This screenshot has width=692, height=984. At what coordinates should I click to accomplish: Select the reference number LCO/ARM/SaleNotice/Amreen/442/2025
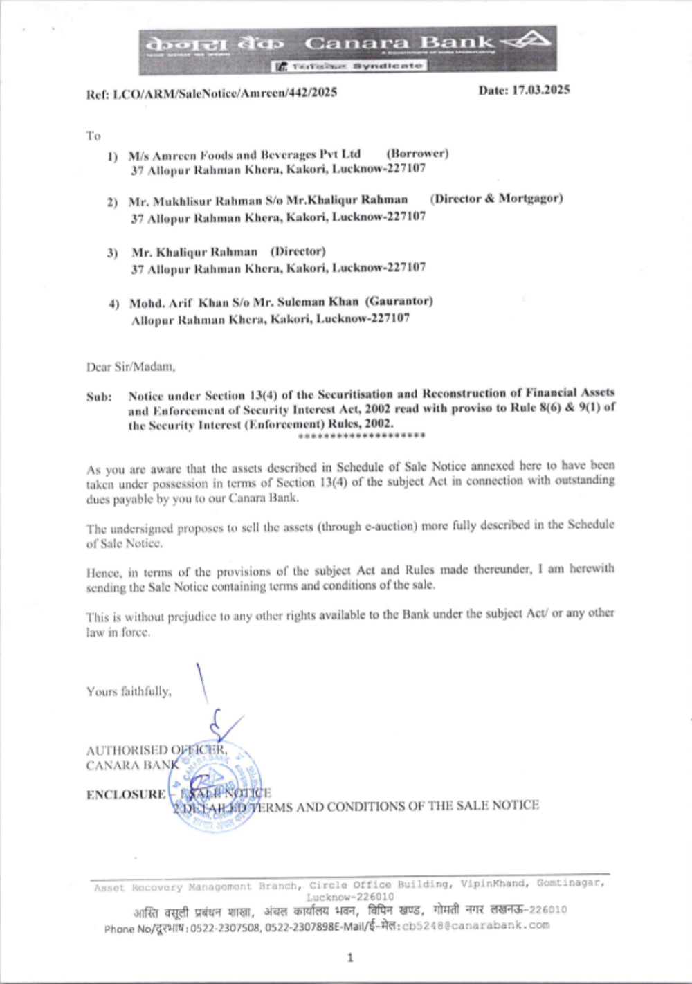click(225, 93)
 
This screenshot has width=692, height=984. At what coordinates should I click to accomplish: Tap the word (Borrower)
click(417, 154)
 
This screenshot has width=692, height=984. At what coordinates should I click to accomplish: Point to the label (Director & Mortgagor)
click(496, 199)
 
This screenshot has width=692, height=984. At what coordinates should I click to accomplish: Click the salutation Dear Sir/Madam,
click(131, 367)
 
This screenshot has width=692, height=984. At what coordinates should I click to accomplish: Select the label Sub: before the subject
click(99, 397)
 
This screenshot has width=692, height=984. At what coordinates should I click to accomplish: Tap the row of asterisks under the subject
click(361, 436)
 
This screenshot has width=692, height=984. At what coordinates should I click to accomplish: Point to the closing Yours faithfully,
click(129, 691)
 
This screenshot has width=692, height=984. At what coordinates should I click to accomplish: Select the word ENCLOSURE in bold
click(126, 794)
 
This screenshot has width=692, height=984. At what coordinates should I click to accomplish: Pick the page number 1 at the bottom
click(349, 958)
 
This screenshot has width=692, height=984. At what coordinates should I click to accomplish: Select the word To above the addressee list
click(93, 136)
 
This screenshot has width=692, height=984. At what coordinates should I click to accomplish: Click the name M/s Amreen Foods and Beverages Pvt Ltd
click(244, 155)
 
